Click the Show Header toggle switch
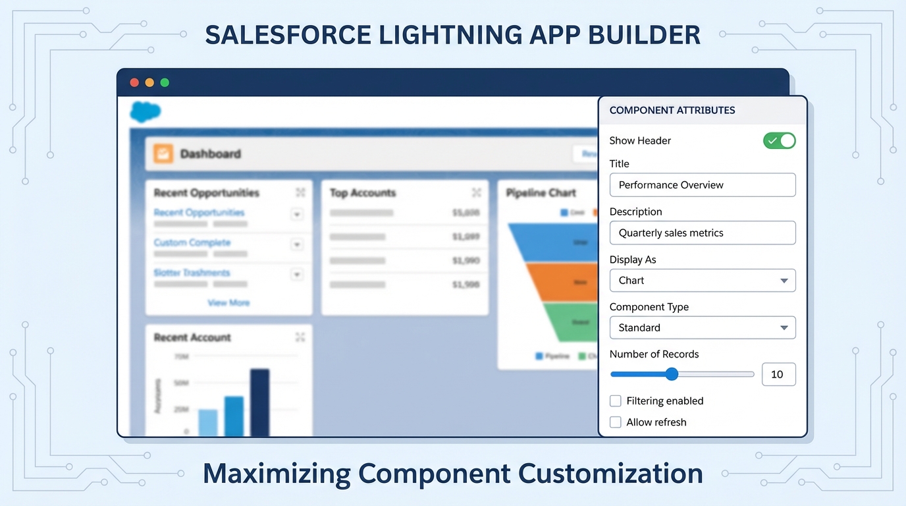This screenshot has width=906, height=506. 779,140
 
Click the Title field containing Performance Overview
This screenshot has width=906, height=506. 702,185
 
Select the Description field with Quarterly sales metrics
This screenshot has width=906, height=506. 702,233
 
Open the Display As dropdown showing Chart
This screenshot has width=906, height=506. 702,281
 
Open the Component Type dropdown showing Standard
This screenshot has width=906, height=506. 702,327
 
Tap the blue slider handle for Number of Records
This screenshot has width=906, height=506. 672,374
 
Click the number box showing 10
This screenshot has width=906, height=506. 778,374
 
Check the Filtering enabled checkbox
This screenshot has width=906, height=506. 616,401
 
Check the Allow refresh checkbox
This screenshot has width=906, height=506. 616,422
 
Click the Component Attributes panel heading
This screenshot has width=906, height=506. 672,111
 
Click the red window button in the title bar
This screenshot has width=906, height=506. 134,82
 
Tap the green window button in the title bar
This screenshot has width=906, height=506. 165,82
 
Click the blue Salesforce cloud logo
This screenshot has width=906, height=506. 146,111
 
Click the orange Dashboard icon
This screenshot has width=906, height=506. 163,154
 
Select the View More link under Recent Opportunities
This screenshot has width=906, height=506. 228,302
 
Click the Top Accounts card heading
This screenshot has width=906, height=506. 363,193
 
